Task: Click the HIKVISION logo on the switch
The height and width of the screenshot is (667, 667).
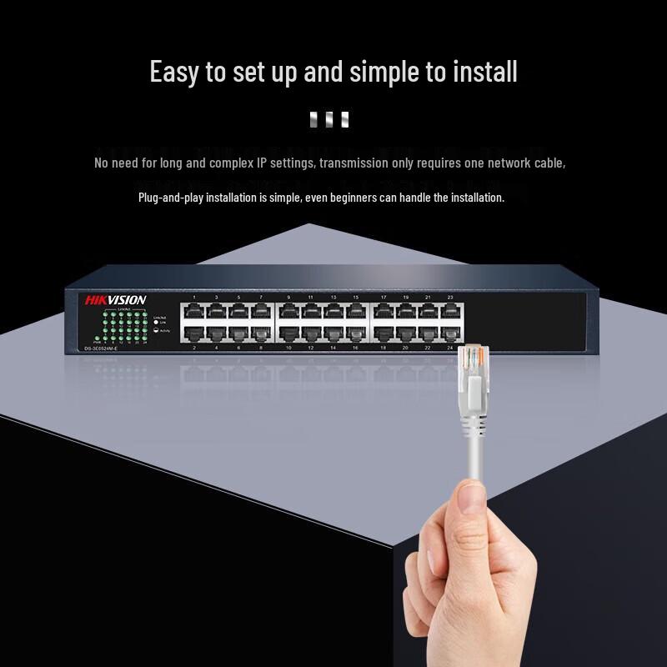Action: click(x=115, y=300)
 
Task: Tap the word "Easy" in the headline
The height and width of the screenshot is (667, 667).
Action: click(x=174, y=72)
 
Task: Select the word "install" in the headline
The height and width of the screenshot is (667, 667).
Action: click(x=485, y=72)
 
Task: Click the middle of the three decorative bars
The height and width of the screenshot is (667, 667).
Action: click(x=329, y=119)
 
